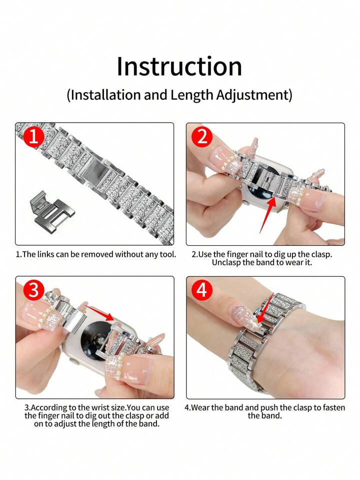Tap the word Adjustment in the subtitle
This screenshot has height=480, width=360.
(x=252, y=96)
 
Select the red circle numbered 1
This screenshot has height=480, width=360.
(x=33, y=137)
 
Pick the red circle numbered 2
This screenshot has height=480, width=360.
(x=201, y=137)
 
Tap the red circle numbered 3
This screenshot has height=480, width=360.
(x=33, y=290)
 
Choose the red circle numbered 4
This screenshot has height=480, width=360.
(x=201, y=290)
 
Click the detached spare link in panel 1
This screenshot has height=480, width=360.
(x=51, y=208)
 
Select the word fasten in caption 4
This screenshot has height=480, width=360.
(x=333, y=408)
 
